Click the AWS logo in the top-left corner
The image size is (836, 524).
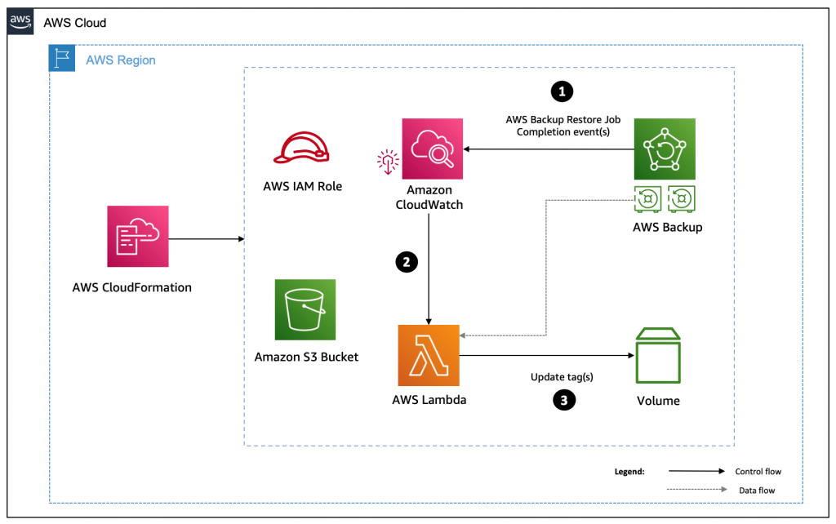pos(21,23)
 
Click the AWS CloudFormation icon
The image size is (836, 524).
pos(138,236)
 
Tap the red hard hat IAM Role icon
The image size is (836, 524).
pos(302,149)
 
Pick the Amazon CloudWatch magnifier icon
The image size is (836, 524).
pos(433,149)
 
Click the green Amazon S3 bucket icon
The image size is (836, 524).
pos(305,309)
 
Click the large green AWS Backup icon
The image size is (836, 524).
pos(665,149)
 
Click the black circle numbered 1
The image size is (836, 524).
pos(561,92)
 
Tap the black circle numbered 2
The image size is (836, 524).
pos(406,262)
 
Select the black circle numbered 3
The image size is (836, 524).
pos(563,399)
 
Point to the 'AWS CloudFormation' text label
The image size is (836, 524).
pos(131,287)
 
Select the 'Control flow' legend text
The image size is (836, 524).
pos(758,472)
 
